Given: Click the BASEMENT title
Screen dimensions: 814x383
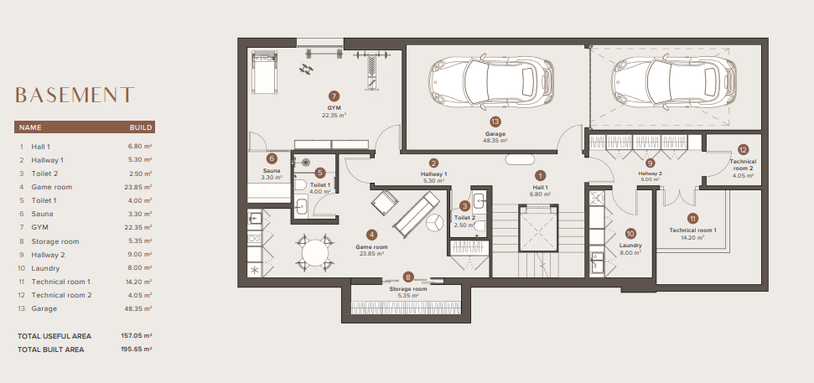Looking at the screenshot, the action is (75, 95).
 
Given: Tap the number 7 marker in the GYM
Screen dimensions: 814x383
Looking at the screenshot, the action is (334, 96).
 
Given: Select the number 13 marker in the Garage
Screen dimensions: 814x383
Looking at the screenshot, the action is (495, 122).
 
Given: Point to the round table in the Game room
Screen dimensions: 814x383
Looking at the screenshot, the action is (315, 253).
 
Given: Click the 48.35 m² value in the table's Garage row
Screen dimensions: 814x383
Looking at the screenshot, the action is (141, 308).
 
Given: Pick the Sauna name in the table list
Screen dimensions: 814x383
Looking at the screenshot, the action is (42, 214).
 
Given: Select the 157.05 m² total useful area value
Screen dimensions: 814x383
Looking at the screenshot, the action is (137, 336).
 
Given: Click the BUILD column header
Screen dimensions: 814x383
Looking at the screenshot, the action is (141, 127).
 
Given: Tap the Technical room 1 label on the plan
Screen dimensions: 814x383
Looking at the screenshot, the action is (692, 230).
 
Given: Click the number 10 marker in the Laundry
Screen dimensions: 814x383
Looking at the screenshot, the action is (630, 234).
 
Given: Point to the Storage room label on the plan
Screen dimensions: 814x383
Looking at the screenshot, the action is (408, 289).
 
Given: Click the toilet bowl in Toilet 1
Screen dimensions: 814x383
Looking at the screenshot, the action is (301, 184).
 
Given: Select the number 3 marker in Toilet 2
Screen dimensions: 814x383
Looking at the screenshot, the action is (465, 206).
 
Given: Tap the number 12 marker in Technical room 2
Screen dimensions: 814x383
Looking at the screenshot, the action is (743, 150).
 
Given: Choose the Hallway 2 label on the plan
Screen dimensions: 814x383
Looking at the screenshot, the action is (650, 173).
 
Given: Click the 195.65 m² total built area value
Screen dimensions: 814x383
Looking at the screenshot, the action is (137, 349).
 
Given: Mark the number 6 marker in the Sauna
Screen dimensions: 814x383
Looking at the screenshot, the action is (272, 158).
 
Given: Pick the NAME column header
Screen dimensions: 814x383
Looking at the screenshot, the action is (30, 127).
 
